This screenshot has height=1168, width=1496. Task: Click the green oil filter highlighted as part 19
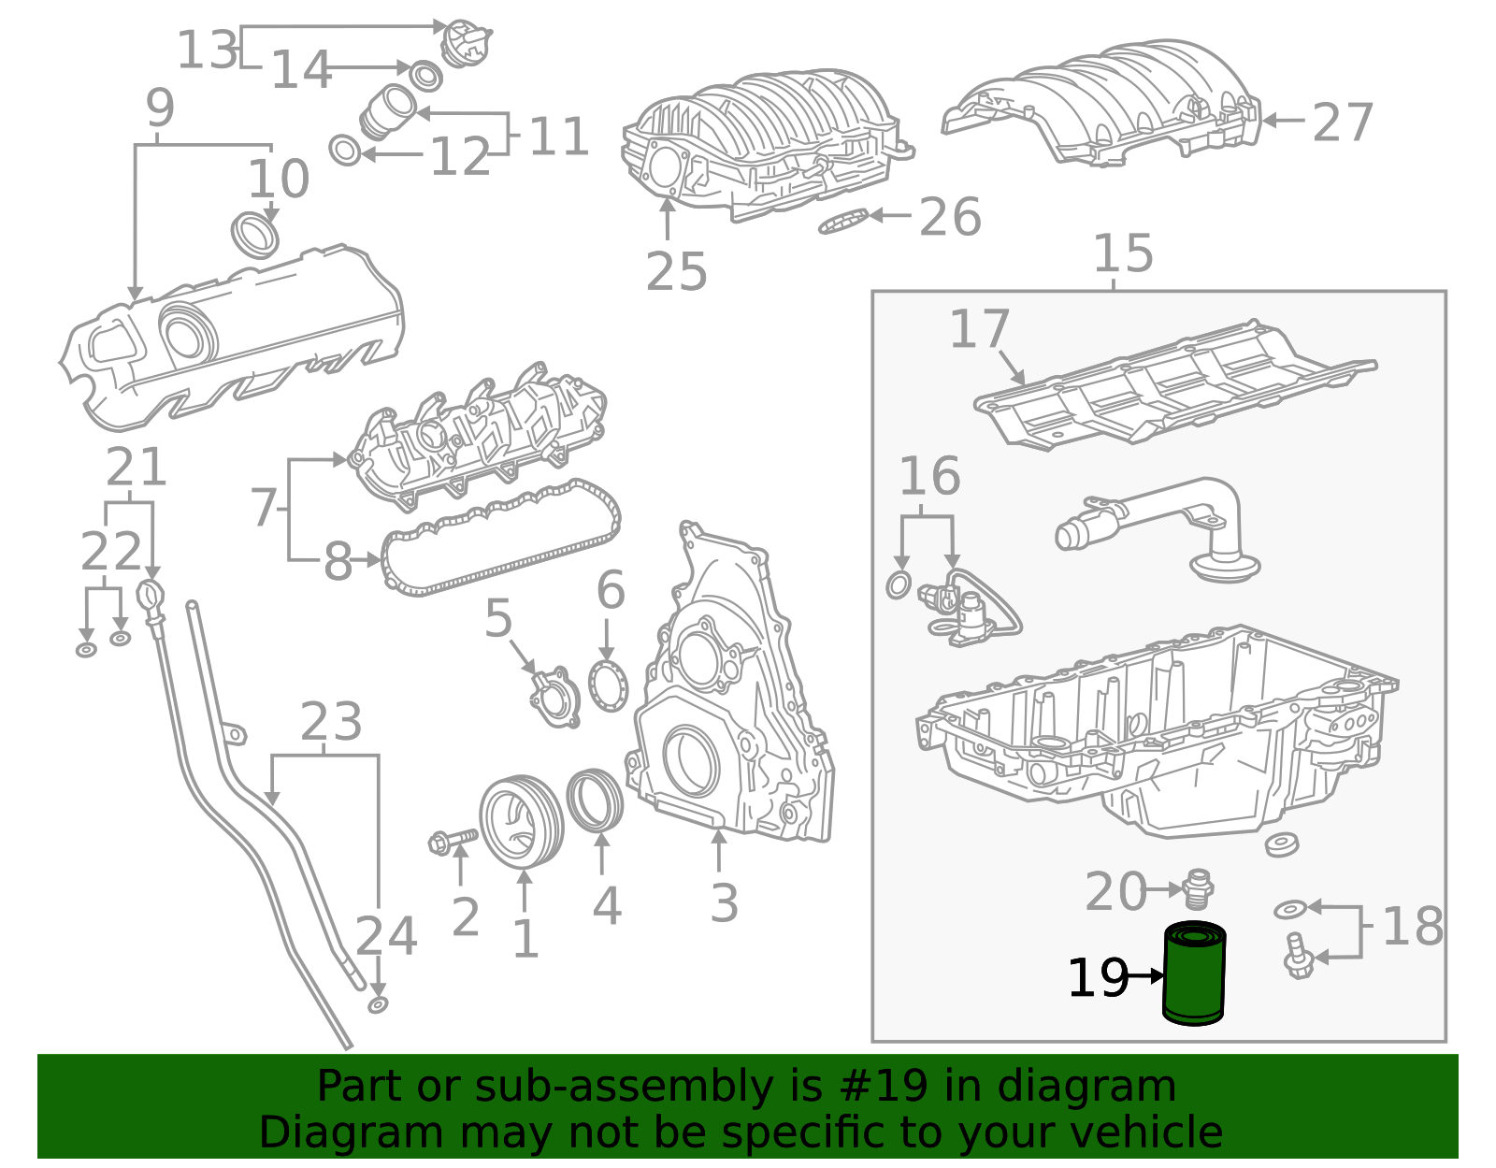point(1194,973)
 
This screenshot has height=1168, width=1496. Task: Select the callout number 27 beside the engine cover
point(1342,123)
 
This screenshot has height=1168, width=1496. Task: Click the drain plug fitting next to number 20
point(1199,888)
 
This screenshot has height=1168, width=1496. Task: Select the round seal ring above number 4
point(596,800)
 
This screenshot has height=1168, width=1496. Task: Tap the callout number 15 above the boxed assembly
point(1122,253)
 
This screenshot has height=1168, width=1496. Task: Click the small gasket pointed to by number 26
point(843,222)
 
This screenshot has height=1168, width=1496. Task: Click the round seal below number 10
point(255,235)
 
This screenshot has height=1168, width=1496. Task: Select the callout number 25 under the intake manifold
point(676,272)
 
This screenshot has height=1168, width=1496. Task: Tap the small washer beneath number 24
point(378,1004)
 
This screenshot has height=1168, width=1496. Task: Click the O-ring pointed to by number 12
point(345,150)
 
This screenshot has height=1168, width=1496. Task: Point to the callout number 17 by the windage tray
point(979,329)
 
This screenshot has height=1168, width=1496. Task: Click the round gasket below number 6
point(608,685)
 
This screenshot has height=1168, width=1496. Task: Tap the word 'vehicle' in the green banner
point(1163,1132)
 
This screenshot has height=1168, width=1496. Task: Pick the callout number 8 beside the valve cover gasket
point(338,562)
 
